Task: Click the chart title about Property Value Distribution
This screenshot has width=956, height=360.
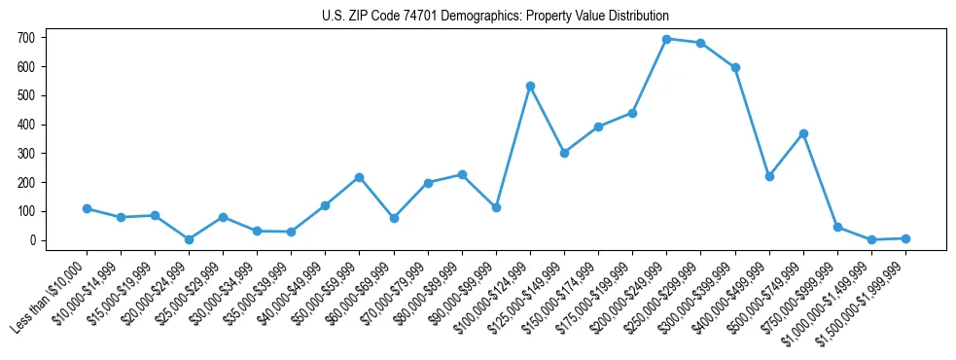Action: pos(495,17)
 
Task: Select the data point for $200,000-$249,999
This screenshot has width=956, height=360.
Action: pos(666,39)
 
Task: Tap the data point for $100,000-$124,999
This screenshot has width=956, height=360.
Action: pos(530,86)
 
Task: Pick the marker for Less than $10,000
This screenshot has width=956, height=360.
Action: pos(87,208)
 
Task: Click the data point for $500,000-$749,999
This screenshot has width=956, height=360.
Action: pos(803,133)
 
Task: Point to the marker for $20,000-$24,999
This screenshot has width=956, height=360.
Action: pos(189,239)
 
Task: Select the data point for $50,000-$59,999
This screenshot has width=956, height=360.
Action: pos(359,177)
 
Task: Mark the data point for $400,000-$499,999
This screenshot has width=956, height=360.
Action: pos(769,176)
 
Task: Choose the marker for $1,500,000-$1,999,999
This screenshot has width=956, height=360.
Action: pos(905,238)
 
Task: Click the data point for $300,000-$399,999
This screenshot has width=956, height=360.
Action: pos(735,67)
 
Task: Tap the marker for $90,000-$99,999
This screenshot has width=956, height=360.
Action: pos(496,207)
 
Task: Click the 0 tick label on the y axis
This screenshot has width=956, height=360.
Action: pos(33,240)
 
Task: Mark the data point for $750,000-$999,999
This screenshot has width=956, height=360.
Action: pos(837,227)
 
